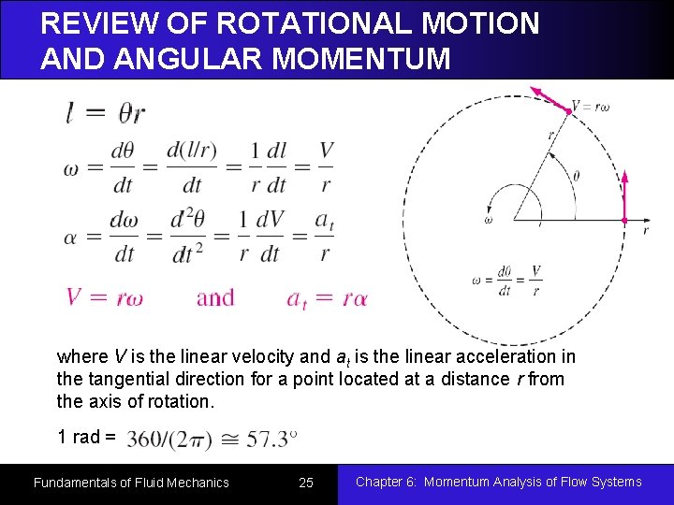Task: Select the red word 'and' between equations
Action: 215,298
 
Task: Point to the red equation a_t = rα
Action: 327,298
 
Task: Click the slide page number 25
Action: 305,483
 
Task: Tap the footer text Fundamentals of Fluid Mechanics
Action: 131,483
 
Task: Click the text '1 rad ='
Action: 86,437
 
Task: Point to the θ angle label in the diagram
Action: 576,175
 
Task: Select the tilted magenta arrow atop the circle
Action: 549,99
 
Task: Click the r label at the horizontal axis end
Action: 645,229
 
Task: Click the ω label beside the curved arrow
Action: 488,221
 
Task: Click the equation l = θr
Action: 106,113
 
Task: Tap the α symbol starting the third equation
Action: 70,237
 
